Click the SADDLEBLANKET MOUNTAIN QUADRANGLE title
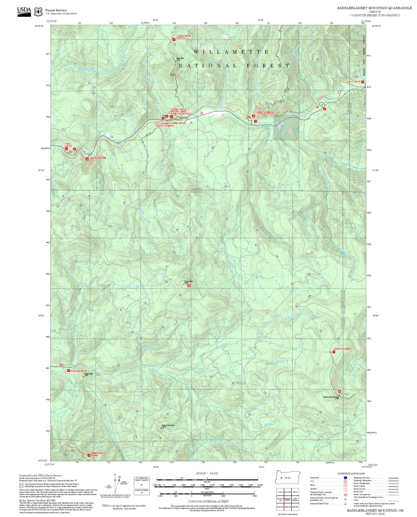tap(374, 8)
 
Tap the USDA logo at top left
tap(24, 12)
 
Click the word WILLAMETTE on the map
tap(231, 52)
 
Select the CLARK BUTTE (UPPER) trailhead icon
tap(174, 39)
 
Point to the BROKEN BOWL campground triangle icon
tap(87, 159)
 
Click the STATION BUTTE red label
tap(79, 371)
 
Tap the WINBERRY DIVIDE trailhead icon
tap(89, 455)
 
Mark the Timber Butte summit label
tap(188, 281)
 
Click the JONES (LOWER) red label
tap(264, 112)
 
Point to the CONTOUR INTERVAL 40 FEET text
tap(208, 501)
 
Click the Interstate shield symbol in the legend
tap(345, 478)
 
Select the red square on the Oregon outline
tap(281, 478)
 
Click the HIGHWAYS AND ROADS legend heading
tap(351, 473)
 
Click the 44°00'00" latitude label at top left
tap(39, 26)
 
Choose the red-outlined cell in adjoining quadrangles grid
tap(287, 499)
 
